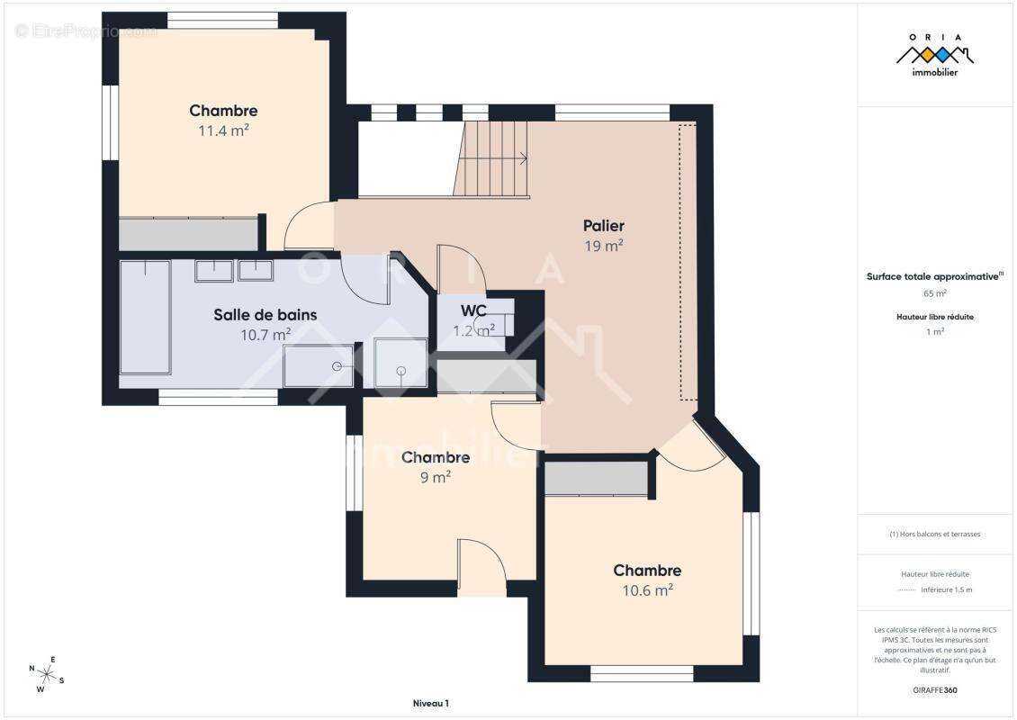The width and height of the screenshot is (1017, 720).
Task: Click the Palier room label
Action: pos(603,226)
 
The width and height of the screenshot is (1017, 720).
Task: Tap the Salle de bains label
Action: pos(265,315)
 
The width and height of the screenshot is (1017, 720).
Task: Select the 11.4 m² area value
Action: pos(223,130)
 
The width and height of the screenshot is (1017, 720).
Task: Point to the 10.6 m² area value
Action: pos(647,590)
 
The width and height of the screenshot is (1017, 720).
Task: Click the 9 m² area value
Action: pos(436,478)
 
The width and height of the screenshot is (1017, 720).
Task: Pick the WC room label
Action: pos(473,310)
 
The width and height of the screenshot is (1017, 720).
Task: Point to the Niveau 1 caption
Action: pos(430,704)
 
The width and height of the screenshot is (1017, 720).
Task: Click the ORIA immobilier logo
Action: pos(934,55)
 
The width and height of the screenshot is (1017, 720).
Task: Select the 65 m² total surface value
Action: pos(934,293)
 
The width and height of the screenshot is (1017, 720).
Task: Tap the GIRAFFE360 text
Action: pos(934,689)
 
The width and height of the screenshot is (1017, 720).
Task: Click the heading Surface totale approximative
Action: pos(932,277)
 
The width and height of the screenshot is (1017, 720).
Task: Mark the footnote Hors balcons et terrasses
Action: pos(934,534)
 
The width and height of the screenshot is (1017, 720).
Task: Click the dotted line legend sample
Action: pos(906,590)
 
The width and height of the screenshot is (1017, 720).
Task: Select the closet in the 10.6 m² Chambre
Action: pos(597,479)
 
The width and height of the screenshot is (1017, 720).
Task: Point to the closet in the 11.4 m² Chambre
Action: pos(188,234)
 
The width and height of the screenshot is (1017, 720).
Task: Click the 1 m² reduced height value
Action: pos(934,332)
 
